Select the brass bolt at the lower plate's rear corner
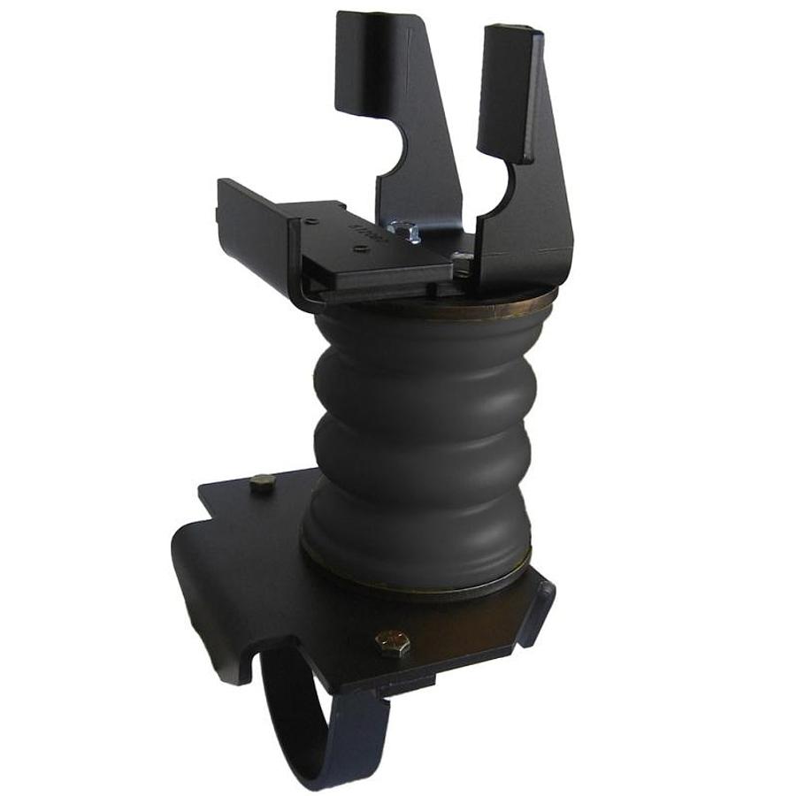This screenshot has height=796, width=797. [x=261, y=483]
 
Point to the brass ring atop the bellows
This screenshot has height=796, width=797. [x=495, y=308]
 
